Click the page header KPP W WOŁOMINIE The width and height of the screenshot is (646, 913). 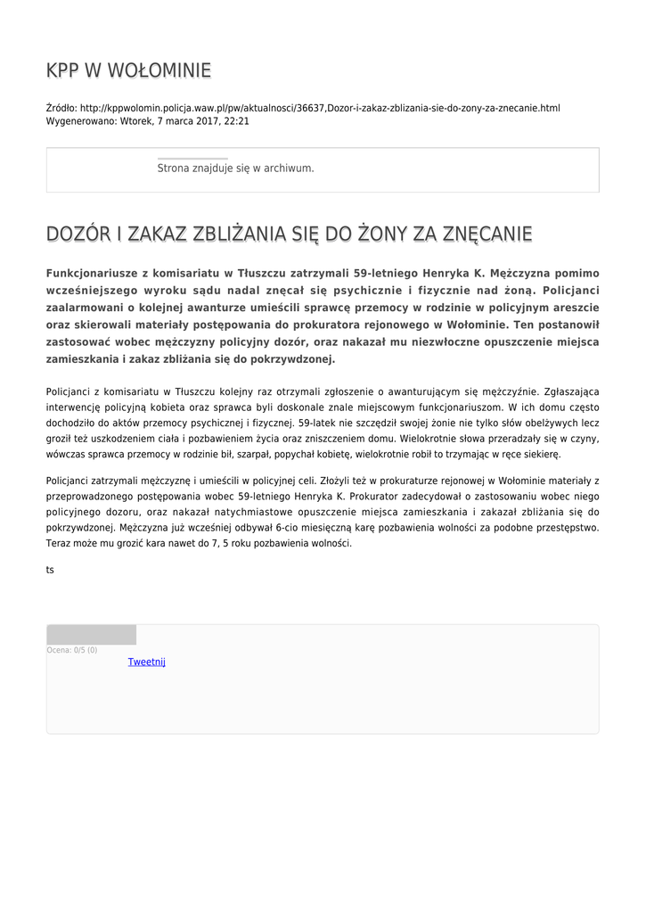128,70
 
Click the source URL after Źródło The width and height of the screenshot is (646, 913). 320,108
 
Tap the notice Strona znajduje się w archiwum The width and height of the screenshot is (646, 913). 235,168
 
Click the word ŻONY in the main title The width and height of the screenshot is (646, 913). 385,234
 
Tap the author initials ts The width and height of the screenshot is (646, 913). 50,570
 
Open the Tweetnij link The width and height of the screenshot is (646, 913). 147,662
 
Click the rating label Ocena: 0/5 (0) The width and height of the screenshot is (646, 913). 72,650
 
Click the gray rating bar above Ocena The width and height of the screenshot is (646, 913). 91,635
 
